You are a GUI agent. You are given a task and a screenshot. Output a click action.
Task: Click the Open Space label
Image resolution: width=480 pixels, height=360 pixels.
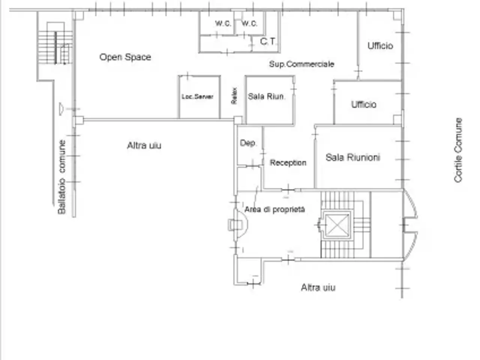point(125,57)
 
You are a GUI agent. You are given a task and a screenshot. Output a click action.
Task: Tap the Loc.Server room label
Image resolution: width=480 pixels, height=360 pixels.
point(198,97)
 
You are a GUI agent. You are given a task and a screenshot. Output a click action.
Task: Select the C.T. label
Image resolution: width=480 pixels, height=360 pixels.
point(268,41)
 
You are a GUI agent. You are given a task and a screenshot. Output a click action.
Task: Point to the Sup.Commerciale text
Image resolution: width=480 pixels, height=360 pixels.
point(301,64)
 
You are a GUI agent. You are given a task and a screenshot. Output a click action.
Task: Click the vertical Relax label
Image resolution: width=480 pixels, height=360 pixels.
point(234,96)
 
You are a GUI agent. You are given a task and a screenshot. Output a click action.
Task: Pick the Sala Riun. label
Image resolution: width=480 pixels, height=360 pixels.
point(266,96)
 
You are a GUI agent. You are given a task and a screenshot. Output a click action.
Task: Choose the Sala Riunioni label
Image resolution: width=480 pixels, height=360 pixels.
point(353,157)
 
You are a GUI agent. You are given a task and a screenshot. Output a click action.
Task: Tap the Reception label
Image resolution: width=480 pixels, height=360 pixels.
point(288,163)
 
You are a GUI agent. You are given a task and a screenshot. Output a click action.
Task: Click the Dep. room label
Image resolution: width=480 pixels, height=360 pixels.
point(248,143)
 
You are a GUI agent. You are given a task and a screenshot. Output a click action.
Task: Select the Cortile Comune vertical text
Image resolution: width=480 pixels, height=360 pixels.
point(458,150)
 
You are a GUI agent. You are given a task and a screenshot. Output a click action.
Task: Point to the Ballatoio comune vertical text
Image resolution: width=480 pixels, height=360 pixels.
point(61,177)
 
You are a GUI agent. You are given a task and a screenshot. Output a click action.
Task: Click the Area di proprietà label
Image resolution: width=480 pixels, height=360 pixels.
point(274,209)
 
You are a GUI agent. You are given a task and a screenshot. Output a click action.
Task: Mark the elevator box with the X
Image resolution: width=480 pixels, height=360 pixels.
point(337,225)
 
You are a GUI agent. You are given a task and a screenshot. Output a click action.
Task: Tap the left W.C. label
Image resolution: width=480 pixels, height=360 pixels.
point(223,23)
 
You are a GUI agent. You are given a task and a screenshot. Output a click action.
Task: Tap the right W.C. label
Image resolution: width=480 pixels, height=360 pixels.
point(249,23)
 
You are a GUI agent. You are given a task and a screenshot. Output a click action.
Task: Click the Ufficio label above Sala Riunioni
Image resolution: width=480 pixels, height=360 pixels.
point(364,105)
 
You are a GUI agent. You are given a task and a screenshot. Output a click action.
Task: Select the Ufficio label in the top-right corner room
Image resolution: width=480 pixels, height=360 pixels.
point(380,46)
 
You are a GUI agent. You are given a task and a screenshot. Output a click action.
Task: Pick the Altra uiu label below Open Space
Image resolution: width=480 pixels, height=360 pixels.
point(144,145)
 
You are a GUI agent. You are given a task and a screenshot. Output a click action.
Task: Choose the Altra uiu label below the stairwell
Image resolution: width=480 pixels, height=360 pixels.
point(318,287)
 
